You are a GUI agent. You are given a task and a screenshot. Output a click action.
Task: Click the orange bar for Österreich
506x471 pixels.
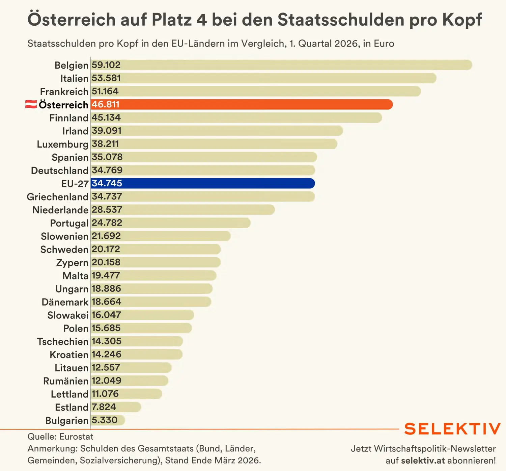pyautogui.click(x=242, y=105)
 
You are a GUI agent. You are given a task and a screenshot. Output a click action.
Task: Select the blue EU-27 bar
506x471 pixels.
pyautogui.click(x=203, y=183)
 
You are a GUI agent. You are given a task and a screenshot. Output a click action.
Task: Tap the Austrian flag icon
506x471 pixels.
pyautogui.click(x=31, y=104)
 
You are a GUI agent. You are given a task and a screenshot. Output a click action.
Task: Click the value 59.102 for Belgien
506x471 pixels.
pyautogui.click(x=106, y=65)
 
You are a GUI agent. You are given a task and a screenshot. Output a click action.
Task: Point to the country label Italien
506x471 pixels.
pyautogui.click(x=74, y=78)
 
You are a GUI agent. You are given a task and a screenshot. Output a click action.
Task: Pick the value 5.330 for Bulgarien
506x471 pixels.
pyautogui.click(x=105, y=420)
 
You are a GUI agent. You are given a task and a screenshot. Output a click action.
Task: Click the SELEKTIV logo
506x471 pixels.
pyautogui.click(x=452, y=429)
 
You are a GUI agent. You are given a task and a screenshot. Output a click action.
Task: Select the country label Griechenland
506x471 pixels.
pyautogui.click(x=58, y=197)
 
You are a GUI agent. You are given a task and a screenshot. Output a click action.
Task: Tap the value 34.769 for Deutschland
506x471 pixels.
pyautogui.click(x=107, y=170)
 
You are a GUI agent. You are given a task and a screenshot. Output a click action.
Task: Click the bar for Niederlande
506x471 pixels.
pyautogui.click(x=183, y=210)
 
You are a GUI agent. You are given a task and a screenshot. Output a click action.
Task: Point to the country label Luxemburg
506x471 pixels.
pyautogui.click(x=63, y=144)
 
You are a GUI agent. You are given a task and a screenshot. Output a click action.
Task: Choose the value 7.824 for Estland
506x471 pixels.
pyautogui.click(x=104, y=407)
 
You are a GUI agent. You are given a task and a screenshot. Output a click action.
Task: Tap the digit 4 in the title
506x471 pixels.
pyautogui.click(x=201, y=20)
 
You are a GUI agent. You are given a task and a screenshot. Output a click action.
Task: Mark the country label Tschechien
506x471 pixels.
pyautogui.click(x=63, y=341)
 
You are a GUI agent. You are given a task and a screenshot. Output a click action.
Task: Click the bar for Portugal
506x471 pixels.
pyautogui.click(x=170, y=223)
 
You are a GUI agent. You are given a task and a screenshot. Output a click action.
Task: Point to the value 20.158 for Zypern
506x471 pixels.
pyautogui.click(x=106, y=262)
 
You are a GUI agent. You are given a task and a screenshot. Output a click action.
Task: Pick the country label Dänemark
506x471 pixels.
pyautogui.click(x=65, y=302)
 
